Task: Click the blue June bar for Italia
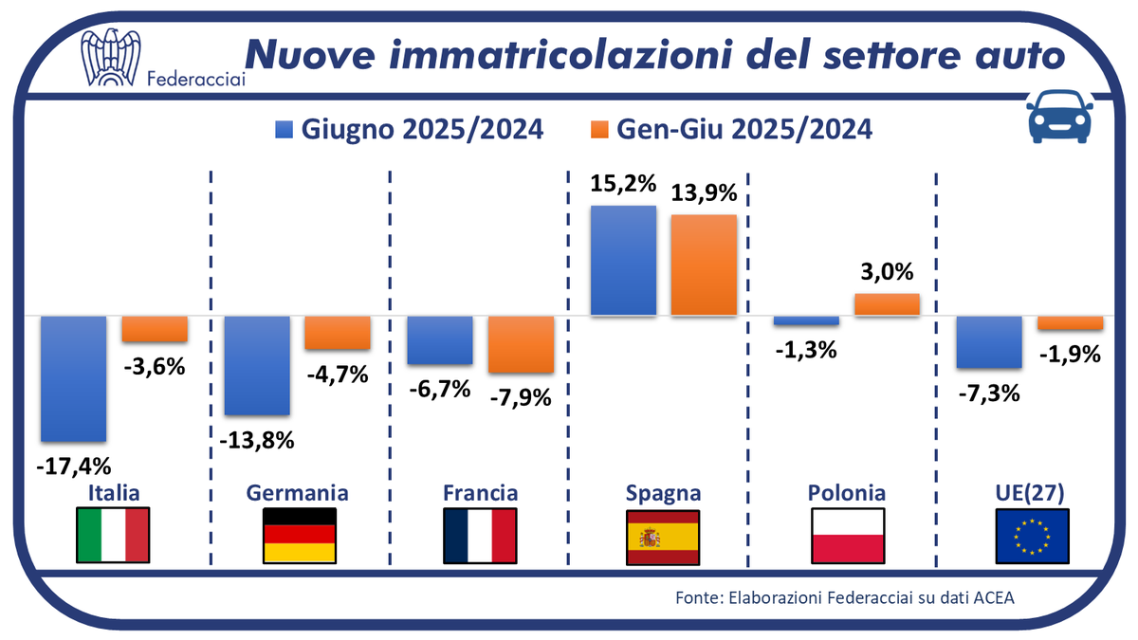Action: (x=73, y=378)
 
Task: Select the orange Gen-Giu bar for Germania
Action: (x=337, y=332)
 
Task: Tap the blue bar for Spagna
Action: (x=623, y=260)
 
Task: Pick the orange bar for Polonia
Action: (x=887, y=304)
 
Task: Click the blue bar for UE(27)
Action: (x=989, y=341)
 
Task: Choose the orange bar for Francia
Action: (x=521, y=344)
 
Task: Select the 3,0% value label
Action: (x=887, y=273)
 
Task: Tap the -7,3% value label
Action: (x=989, y=392)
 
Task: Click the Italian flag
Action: (x=113, y=536)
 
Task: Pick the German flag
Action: (x=299, y=536)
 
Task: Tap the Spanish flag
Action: (x=663, y=536)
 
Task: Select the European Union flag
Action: (x=1033, y=536)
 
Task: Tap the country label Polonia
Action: (x=847, y=493)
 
